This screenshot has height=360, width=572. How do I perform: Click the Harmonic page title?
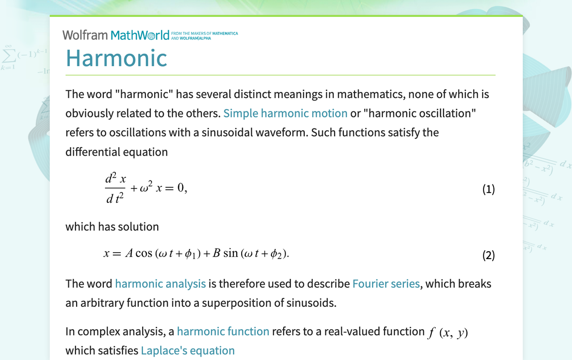(x=116, y=58)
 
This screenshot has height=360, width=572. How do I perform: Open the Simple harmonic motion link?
(x=285, y=113)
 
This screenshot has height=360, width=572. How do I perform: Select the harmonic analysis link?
(x=160, y=284)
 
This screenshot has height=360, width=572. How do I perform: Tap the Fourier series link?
(x=386, y=284)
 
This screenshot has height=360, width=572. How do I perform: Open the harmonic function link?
(x=223, y=332)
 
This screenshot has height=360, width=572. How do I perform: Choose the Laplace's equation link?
(x=188, y=351)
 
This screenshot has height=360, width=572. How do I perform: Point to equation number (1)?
(x=488, y=189)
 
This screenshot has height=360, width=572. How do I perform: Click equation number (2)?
(x=488, y=256)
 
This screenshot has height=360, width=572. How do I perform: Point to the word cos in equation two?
(x=144, y=254)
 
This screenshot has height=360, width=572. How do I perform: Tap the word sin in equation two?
(x=231, y=254)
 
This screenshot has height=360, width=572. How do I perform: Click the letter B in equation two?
(x=216, y=254)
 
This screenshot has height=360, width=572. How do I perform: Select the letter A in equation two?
(x=129, y=254)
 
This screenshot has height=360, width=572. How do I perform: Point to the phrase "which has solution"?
(x=112, y=227)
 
